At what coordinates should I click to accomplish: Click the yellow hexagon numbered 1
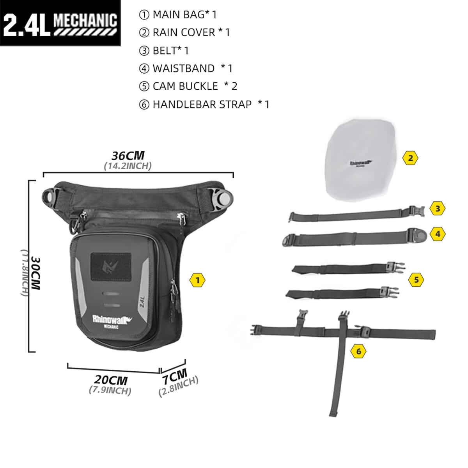[x=198, y=280]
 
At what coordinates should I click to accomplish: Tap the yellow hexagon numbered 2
[x=410, y=158]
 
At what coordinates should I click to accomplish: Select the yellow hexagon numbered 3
[x=438, y=208]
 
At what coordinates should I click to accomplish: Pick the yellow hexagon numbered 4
[x=438, y=234]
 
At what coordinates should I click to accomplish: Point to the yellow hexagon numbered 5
[x=417, y=279]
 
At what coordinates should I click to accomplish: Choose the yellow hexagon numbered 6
[x=359, y=351]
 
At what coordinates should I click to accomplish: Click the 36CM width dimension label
[x=128, y=156]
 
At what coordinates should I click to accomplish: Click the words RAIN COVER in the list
[x=184, y=32]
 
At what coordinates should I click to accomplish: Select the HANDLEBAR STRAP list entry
[x=202, y=104]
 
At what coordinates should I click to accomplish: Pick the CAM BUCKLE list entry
[x=185, y=86]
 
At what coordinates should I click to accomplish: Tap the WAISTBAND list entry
[x=183, y=68]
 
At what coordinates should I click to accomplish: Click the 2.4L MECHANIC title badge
[x=60, y=23]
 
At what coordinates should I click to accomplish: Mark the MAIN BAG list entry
[x=178, y=14]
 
